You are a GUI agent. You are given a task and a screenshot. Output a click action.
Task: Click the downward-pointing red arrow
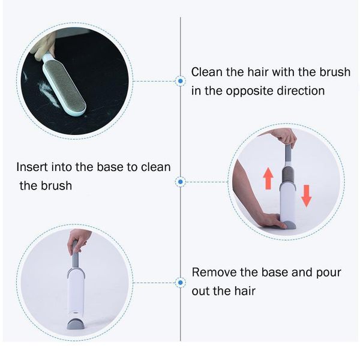coord(307,196)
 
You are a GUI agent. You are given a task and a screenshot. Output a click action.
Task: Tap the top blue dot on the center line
coord(180,80)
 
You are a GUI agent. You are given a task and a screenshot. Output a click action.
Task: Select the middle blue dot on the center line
coord(180,181)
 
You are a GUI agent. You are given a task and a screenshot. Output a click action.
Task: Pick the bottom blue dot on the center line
coord(180,281)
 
